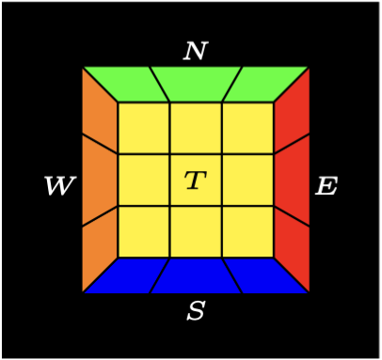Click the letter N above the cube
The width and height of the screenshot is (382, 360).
[x=195, y=51]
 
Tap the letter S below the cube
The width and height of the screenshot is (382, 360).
[x=195, y=311]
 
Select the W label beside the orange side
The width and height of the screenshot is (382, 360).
[x=58, y=186]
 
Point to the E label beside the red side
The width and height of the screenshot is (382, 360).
[x=326, y=186]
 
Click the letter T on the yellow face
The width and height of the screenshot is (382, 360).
[x=195, y=180]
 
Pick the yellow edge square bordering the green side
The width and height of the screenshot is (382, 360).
[x=196, y=128]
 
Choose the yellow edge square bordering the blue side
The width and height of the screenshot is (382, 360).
[x=196, y=231]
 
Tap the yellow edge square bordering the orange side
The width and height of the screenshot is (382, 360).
[x=144, y=180]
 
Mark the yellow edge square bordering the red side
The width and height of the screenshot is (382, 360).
[x=247, y=180]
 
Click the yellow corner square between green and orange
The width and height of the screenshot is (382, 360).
[x=144, y=128]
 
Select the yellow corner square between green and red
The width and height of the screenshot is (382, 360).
[x=247, y=128]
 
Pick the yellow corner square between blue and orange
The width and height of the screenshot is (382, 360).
[x=144, y=231]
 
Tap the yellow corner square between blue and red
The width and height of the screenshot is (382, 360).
[x=247, y=231]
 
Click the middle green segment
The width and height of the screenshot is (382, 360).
[x=196, y=84]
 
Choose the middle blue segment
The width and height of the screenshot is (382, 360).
[x=196, y=274]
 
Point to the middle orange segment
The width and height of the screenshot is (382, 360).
[x=100, y=180]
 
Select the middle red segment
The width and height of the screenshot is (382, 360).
[x=292, y=180]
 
